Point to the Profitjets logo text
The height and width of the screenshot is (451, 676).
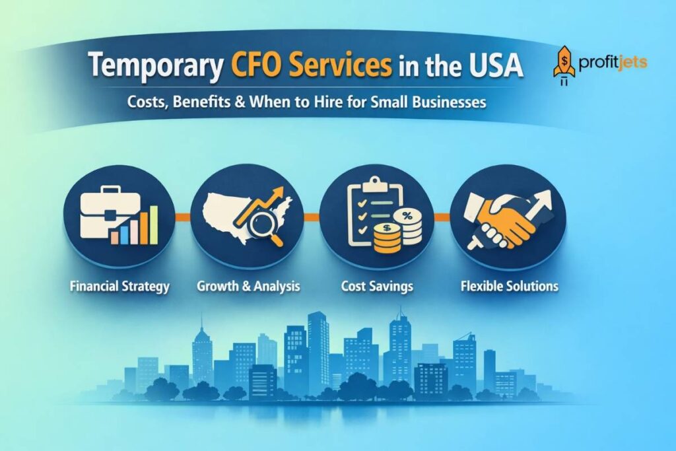pyautogui.click(x=613, y=63)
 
